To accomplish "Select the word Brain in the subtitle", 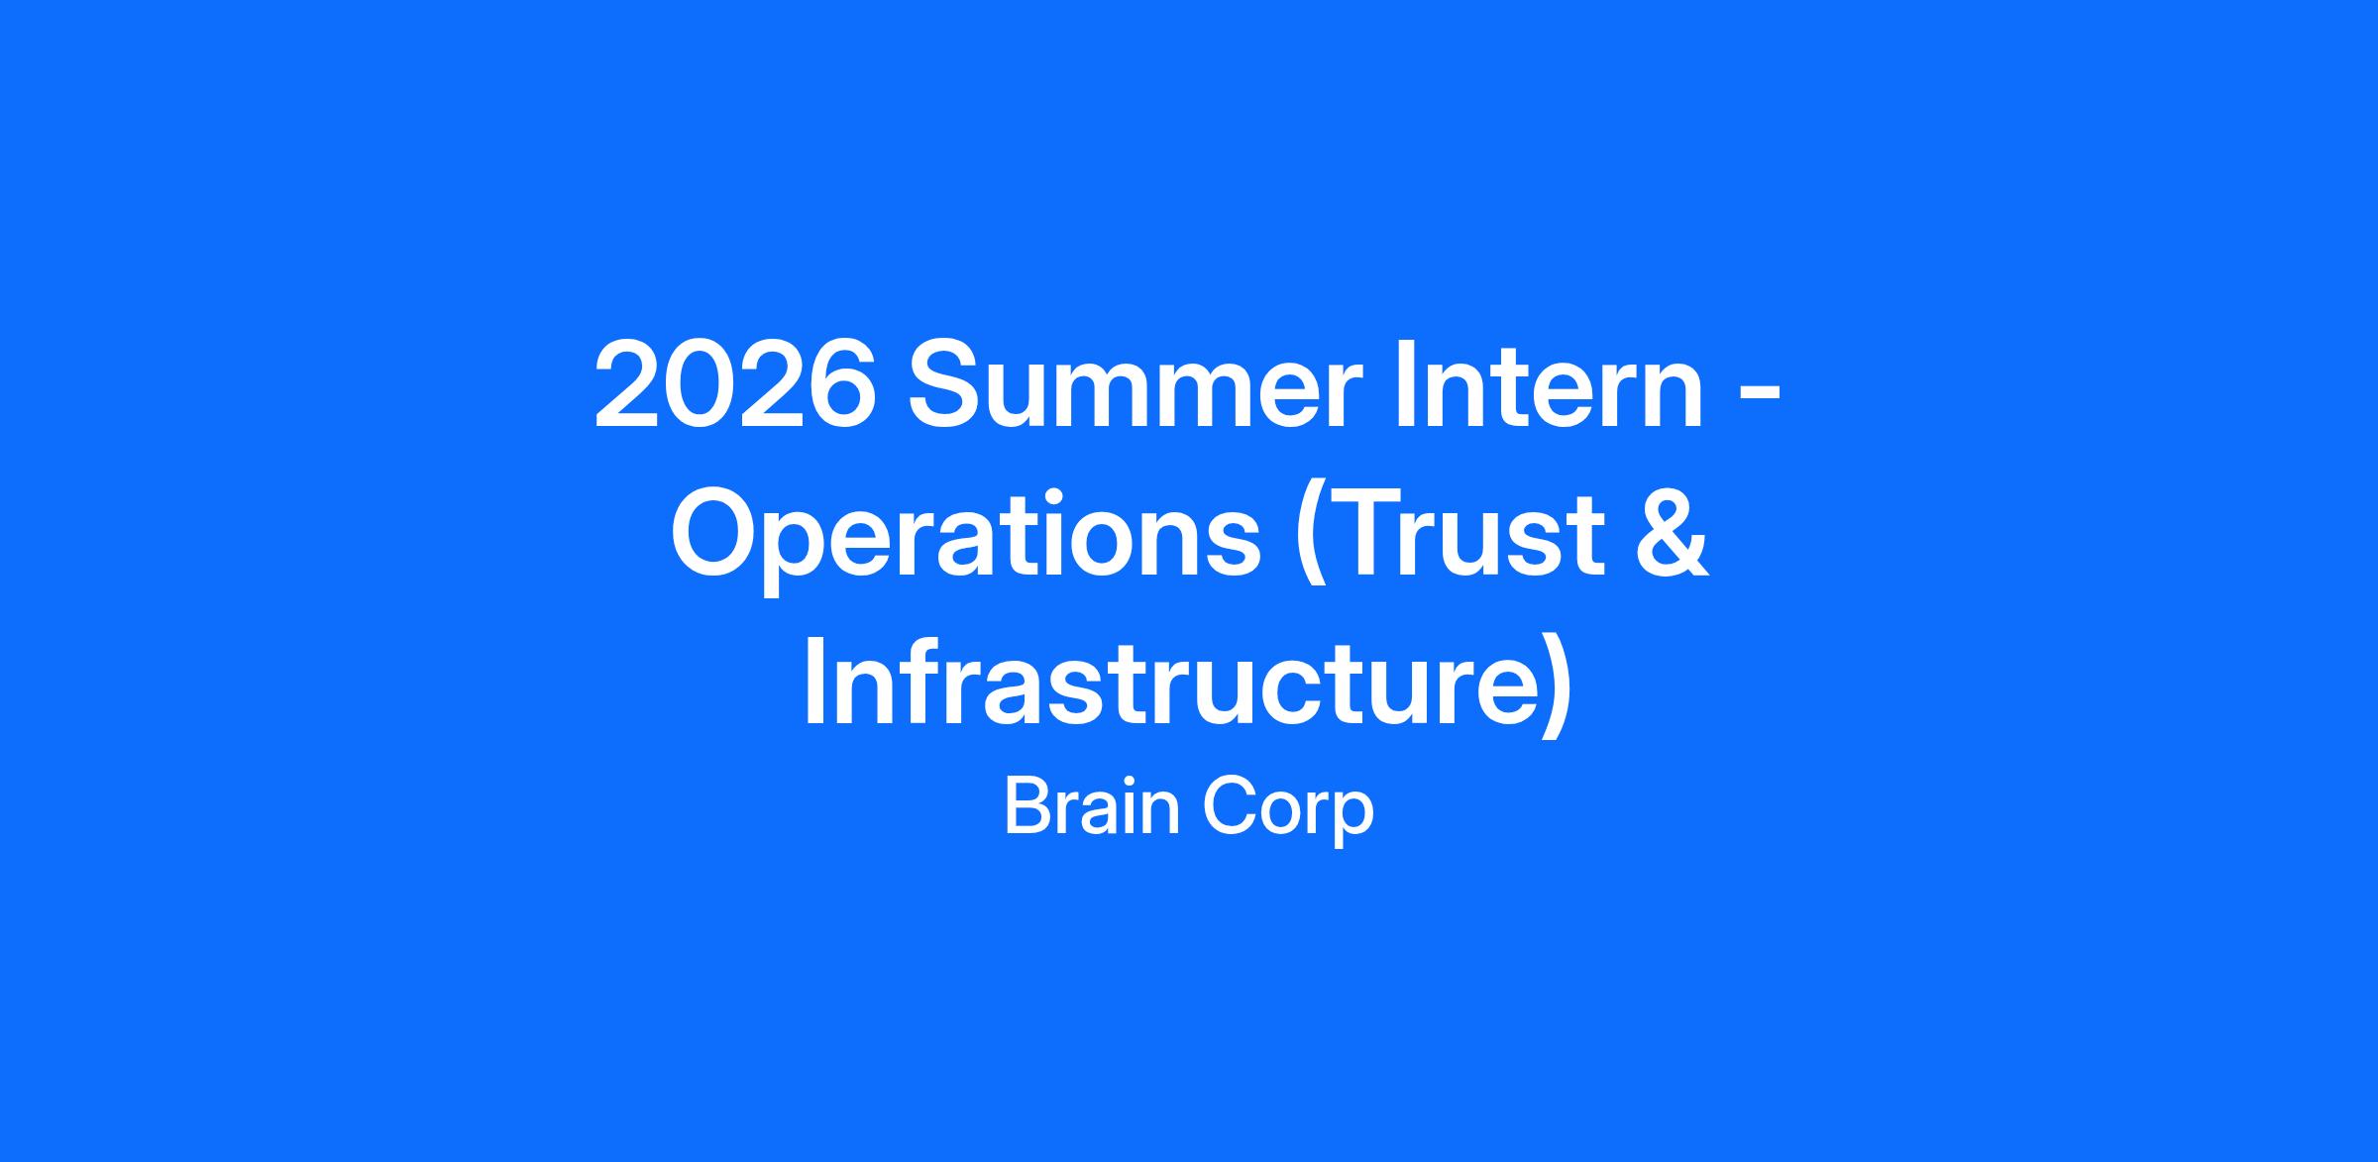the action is [1092, 808].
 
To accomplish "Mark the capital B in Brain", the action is [1027, 808].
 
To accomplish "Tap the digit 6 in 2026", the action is [842, 383].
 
